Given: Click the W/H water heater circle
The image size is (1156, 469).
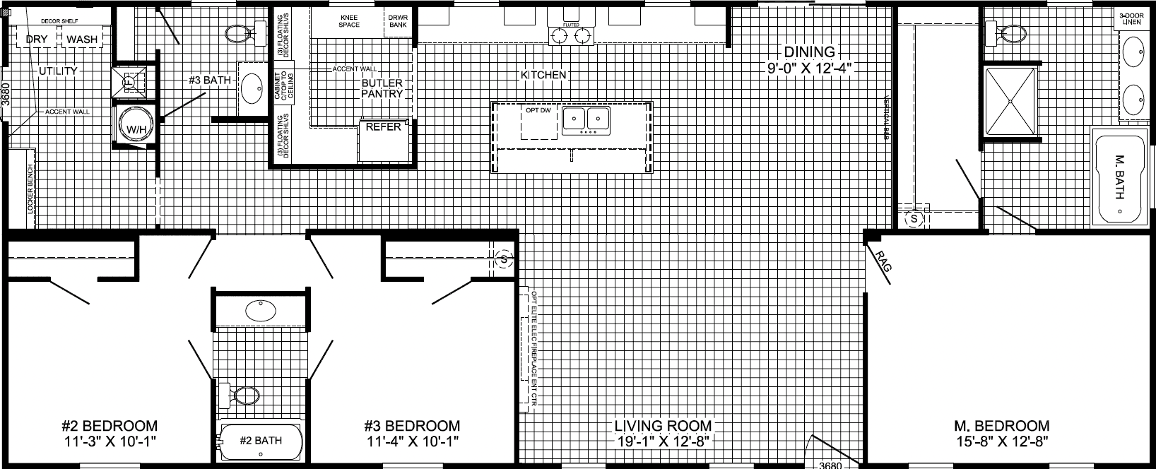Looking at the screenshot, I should click(131, 128).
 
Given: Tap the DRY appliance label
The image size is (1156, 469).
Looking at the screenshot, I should click(37, 40).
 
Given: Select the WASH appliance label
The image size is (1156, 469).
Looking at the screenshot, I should click(83, 40).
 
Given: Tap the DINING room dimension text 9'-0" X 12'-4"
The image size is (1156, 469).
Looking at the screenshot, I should click(809, 69).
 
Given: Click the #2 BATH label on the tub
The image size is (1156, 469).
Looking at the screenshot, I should click(261, 440).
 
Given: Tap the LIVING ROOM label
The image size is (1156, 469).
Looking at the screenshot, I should click(662, 426).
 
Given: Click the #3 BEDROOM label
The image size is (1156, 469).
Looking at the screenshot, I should click(413, 426).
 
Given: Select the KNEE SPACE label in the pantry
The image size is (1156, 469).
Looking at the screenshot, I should click(349, 20).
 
